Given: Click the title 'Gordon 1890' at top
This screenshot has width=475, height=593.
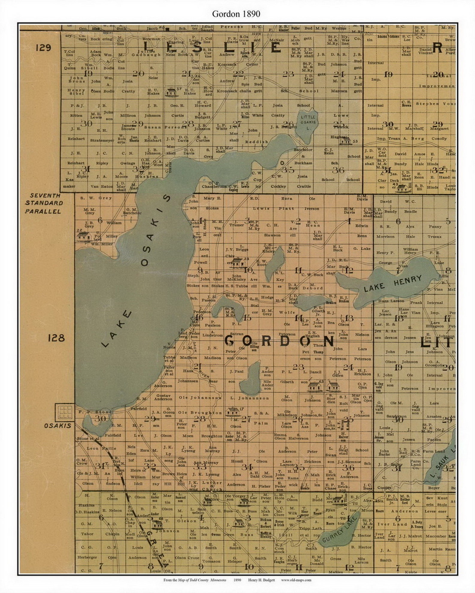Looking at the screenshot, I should click(236, 14).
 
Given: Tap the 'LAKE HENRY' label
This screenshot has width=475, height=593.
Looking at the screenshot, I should click(392, 283).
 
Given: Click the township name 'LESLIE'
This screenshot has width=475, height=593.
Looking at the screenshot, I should click(212, 48).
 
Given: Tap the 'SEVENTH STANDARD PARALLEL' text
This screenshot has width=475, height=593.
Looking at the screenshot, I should click(44, 203).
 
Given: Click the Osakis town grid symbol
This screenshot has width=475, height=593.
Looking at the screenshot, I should click(65, 412).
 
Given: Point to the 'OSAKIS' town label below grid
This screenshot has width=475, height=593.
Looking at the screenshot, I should click(57, 426).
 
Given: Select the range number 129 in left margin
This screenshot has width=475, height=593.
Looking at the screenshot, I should click(43, 48).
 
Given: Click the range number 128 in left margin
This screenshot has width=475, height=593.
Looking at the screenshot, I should click(56, 338).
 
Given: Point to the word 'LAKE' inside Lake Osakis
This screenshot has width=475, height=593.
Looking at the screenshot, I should click(117, 329).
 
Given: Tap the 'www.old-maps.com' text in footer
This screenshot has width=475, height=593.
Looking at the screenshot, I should click(296, 580).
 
